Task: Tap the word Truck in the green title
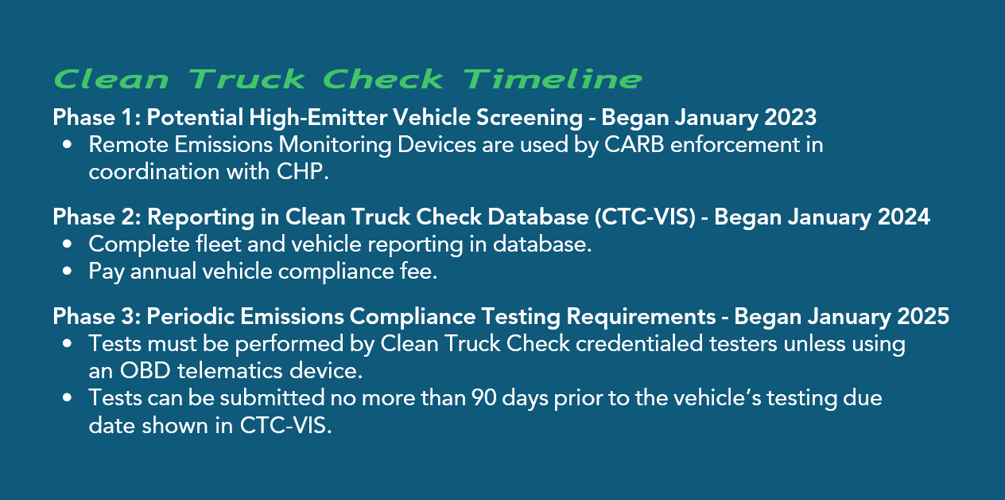coord(247,80)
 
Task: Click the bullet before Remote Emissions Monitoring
coord(68,146)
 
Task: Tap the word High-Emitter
coord(318,118)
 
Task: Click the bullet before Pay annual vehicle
coord(68,271)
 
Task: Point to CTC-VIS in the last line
coord(284,425)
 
